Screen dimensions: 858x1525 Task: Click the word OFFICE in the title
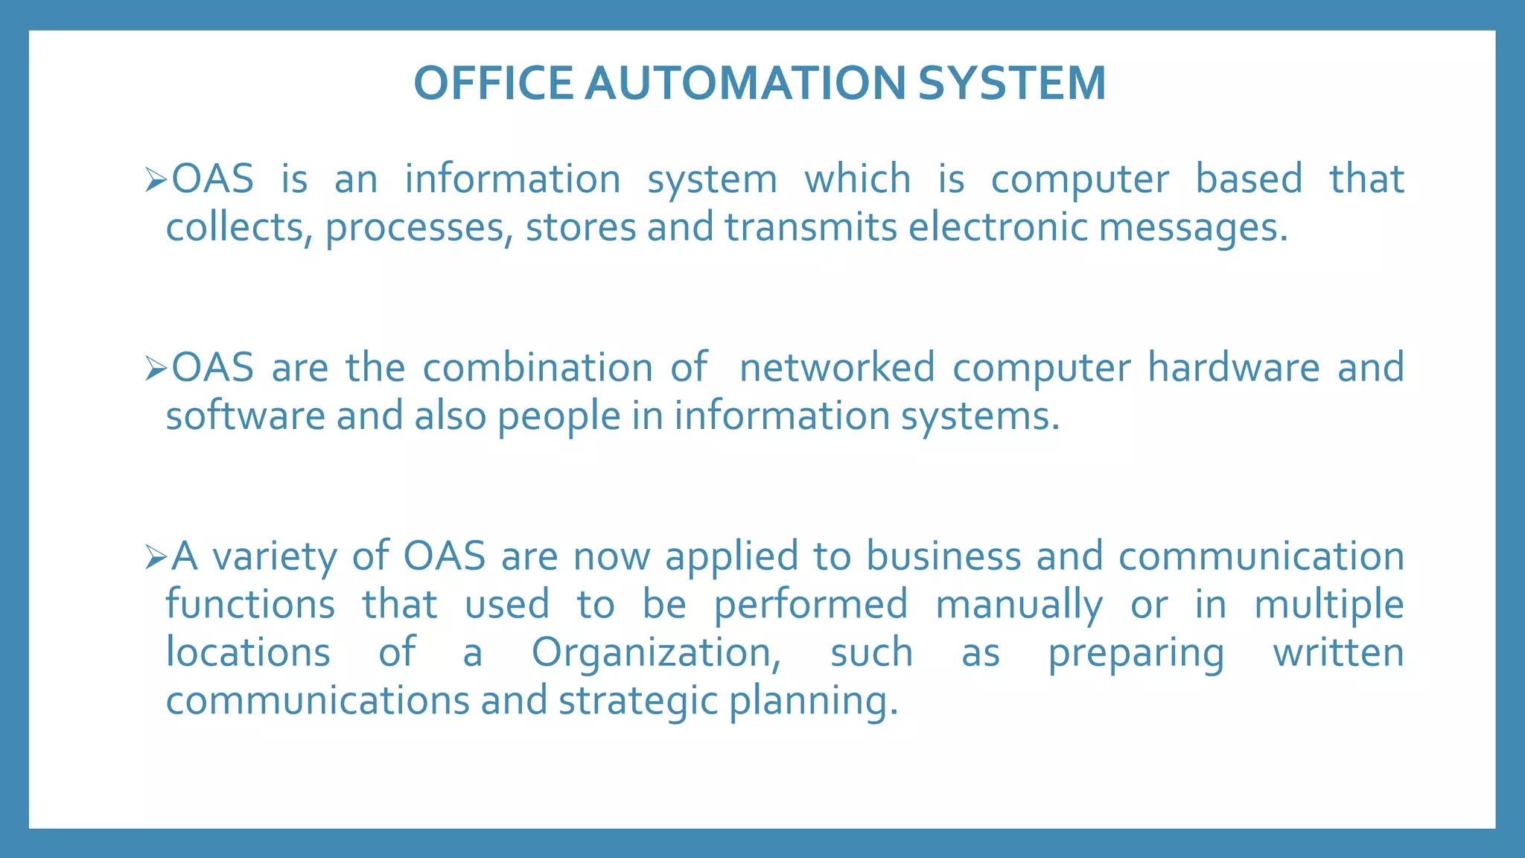pyautogui.click(x=493, y=83)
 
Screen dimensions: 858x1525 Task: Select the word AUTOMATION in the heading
pyautogui.click(x=745, y=83)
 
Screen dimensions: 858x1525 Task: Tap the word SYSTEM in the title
pyautogui.click(x=1012, y=83)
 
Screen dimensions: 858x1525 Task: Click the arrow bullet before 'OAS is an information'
pyautogui.click(x=155, y=179)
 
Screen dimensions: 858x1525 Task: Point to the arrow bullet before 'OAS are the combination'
pyautogui.click(x=155, y=368)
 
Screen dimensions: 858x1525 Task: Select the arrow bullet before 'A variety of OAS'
pyautogui.click(x=155, y=557)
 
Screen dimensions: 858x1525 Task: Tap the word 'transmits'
pyautogui.click(x=811, y=226)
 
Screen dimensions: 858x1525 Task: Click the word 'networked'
pyautogui.click(x=837, y=367)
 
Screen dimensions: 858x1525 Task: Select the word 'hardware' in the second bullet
pyautogui.click(x=1233, y=367)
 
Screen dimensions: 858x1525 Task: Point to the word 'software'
pyautogui.click(x=245, y=415)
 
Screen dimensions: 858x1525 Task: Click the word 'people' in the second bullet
pyautogui.click(x=558, y=416)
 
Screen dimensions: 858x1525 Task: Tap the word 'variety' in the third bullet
pyautogui.click(x=274, y=557)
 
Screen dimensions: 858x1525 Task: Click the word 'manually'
pyautogui.click(x=1019, y=605)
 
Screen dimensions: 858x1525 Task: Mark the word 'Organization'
pyautogui.click(x=655, y=653)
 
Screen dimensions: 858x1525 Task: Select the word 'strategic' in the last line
pyautogui.click(x=637, y=702)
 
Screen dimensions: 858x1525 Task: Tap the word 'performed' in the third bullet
pyautogui.click(x=811, y=605)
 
